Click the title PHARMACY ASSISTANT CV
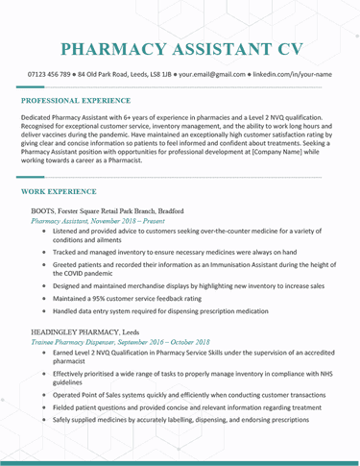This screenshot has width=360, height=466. click(180, 49)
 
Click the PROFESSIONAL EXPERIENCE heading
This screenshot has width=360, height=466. click(76, 100)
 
